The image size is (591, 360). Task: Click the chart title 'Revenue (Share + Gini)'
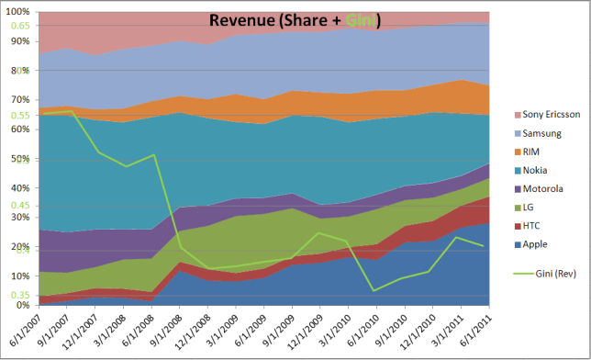(295, 20)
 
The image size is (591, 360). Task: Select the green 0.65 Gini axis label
(21, 26)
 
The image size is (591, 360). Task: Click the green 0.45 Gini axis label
(21, 206)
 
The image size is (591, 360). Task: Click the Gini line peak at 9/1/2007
(72, 111)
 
